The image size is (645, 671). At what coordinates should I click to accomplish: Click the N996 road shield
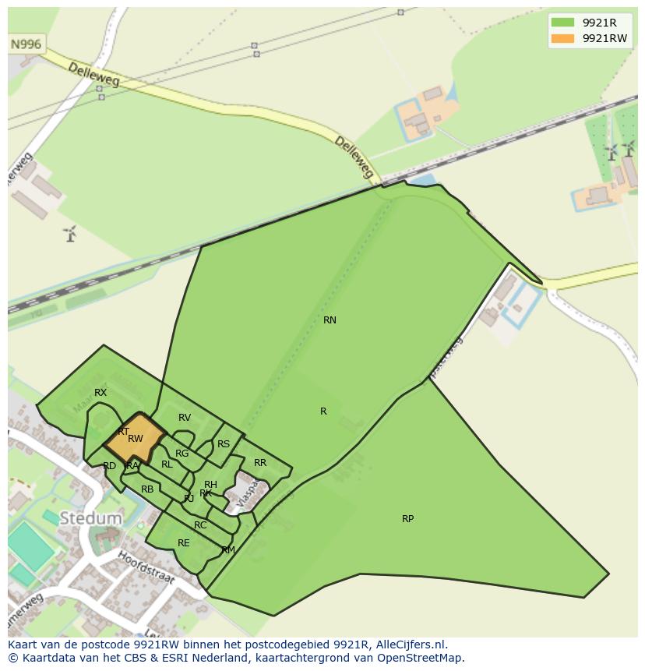pyautogui.click(x=26, y=44)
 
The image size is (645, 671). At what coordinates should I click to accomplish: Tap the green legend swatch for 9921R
pyautogui.click(x=562, y=22)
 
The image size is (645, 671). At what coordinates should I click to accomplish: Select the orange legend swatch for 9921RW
pyautogui.click(x=562, y=38)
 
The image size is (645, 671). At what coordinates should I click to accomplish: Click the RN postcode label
pyautogui.click(x=330, y=320)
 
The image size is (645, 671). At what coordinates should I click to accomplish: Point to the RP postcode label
pyautogui.click(x=407, y=519)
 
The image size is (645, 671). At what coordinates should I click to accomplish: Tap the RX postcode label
pyautogui.click(x=100, y=393)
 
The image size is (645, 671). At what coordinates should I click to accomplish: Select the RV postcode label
pyautogui.click(x=185, y=418)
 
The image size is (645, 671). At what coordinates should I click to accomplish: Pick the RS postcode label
pyautogui.click(x=224, y=445)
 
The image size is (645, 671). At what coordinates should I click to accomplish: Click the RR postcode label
pyautogui.click(x=260, y=463)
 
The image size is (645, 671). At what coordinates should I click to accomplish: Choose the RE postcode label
pyautogui.click(x=184, y=544)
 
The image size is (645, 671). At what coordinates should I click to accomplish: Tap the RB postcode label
pyautogui.click(x=147, y=490)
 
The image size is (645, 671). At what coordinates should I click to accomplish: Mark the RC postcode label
pyautogui.click(x=200, y=525)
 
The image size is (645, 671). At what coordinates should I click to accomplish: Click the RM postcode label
pyautogui.click(x=228, y=550)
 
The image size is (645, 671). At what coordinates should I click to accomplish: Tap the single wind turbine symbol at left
pyautogui.click(x=70, y=233)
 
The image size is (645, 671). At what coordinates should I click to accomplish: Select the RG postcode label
pyautogui.click(x=182, y=454)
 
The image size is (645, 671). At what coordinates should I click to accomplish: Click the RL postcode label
pyautogui.click(x=167, y=464)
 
